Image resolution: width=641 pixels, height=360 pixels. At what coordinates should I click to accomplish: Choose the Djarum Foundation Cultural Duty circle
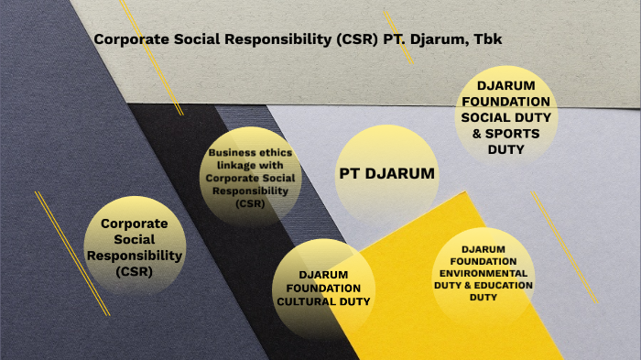(322, 288)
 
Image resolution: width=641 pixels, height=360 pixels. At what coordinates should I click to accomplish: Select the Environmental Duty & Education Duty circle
(483, 273)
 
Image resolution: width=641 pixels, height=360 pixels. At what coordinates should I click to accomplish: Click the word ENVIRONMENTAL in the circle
(483, 273)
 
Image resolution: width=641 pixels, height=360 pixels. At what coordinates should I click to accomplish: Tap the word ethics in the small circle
(260, 153)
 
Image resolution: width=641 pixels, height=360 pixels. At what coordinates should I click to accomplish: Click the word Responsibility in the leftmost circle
(134, 256)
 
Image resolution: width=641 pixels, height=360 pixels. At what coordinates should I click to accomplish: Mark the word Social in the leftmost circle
(134, 239)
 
